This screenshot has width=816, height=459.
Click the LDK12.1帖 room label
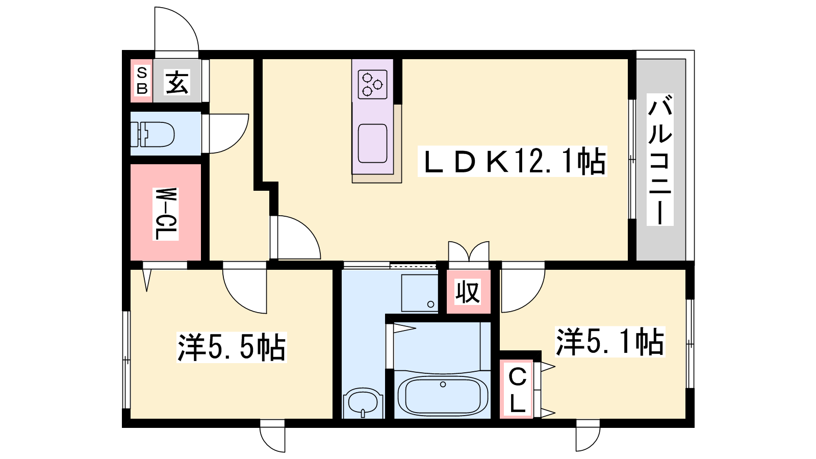pyautogui.click(x=512, y=161)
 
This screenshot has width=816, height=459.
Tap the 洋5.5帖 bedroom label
pyautogui.click(x=232, y=347)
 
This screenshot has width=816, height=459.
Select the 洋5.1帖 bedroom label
pyautogui.click(x=610, y=341)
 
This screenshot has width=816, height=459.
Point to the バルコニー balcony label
pyautogui.click(x=660, y=160)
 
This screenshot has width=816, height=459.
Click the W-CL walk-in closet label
pyautogui.click(x=166, y=214)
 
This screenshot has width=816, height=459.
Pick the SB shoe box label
pyautogui.click(x=142, y=81)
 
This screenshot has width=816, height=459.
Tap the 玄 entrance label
pyautogui.click(x=177, y=82)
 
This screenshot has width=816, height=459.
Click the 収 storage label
pyautogui.click(x=468, y=292)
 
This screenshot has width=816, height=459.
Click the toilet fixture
pyautogui.click(x=152, y=134)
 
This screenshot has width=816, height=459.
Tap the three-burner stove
pyautogui.click(x=372, y=84)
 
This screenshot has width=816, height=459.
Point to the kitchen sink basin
pyautogui.click(x=372, y=143)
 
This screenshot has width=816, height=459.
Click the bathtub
pyautogui.click(x=443, y=396)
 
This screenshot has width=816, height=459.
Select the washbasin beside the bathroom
pyautogui.click(x=363, y=403)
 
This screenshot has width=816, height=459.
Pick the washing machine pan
pyautogui.click(x=419, y=293)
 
